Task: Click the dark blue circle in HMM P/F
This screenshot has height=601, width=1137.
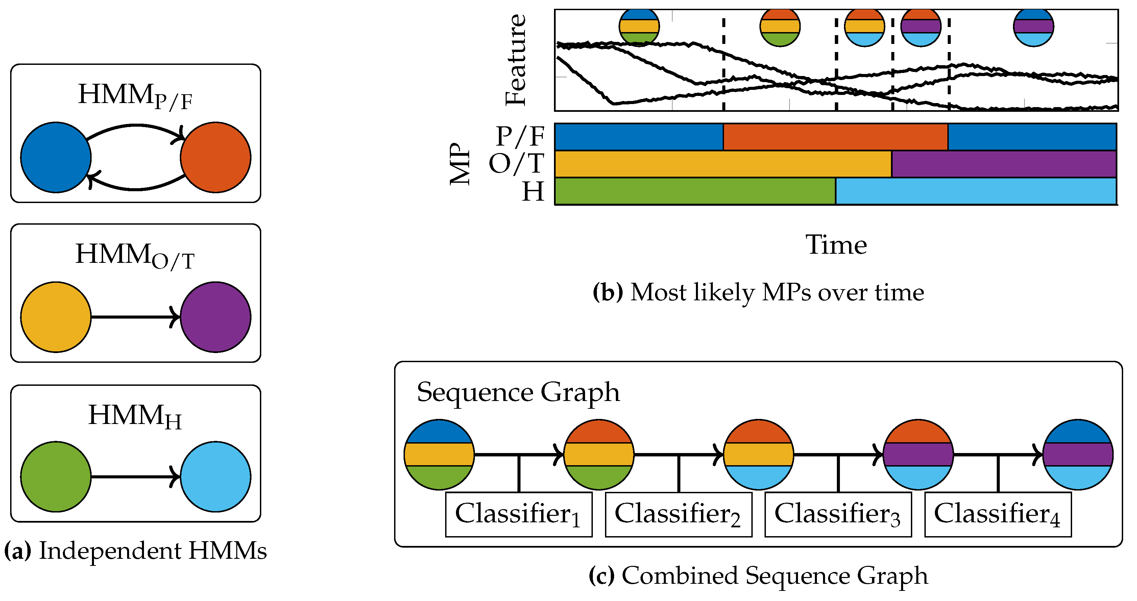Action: pos(56,157)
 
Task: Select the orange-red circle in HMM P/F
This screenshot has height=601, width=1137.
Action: pos(215,157)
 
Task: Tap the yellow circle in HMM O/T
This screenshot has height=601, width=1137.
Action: pos(56,317)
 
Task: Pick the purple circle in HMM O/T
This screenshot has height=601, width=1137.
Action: pos(215,317)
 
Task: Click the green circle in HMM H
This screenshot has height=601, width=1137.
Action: pos(56,477)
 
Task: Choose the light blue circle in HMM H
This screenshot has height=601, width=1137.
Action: pos(215,477)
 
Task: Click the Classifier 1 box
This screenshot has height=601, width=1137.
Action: pos(518,514)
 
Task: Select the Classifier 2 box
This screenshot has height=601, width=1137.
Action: pos(678,514)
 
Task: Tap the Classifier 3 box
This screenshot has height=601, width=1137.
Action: pos(838,514)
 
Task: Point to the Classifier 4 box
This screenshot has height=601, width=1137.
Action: pos(998,514)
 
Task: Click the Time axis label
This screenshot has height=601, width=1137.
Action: pos(836,245)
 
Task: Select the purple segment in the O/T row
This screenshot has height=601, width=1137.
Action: pos(1004,164)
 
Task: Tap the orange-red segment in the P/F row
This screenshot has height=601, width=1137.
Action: pos(835,137)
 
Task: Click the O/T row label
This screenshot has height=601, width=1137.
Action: pos(516,164)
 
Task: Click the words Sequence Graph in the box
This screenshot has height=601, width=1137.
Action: pos(518,392)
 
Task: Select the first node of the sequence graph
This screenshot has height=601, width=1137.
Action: pos(439,454)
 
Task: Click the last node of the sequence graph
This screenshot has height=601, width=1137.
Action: pos(1078,454)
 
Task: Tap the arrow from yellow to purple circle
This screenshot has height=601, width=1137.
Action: pos(135,317)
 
